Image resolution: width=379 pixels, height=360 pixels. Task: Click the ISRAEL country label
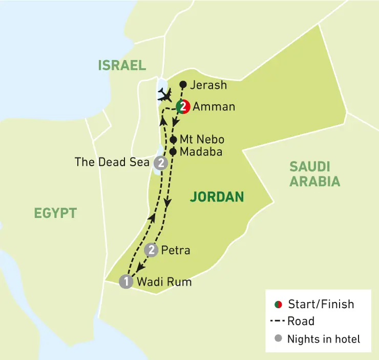tap(122, 65)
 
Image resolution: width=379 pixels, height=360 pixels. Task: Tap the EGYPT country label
tap(55, 213)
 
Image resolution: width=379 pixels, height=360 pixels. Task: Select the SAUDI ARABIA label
tap(314, 174)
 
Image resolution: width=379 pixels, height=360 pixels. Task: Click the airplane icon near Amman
tap(166, 94)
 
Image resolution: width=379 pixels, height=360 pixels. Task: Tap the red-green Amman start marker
tap(183, 107)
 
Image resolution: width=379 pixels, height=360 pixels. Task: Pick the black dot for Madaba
tap(173, 152)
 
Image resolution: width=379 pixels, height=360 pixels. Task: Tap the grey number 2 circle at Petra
tap(151, 250)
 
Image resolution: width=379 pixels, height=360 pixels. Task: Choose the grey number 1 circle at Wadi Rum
tap(125, 282)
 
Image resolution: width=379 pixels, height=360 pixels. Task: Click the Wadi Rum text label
tap(164, 282)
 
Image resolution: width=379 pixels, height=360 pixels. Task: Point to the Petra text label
tap(176, 250)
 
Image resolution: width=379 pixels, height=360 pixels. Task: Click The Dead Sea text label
tap(113, 163)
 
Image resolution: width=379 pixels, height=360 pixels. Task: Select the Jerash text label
tap(208, 85)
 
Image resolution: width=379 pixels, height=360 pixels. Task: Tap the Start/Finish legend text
tap(321, 304)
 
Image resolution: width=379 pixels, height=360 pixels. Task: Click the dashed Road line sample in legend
tap(277, 322)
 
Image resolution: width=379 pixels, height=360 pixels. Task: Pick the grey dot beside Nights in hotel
tap(278, 339)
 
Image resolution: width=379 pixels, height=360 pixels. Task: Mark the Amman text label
tap(214, 107)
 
